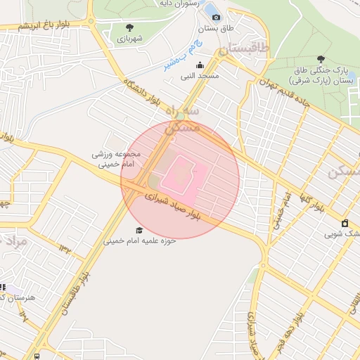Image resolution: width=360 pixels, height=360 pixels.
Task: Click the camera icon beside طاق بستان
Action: tap(216, 18)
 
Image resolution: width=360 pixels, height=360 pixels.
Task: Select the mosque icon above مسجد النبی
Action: tap(199, 65)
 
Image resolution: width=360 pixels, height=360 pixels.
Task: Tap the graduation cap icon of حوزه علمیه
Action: tap(139, 231)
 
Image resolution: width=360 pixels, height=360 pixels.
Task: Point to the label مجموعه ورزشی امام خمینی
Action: tap(117, 160)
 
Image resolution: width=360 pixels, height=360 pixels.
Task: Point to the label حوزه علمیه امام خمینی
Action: tap(140, 240)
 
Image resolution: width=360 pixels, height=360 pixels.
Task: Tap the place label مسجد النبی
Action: tap(199, 75)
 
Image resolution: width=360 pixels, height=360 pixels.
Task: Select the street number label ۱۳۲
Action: tap(65, 247)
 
